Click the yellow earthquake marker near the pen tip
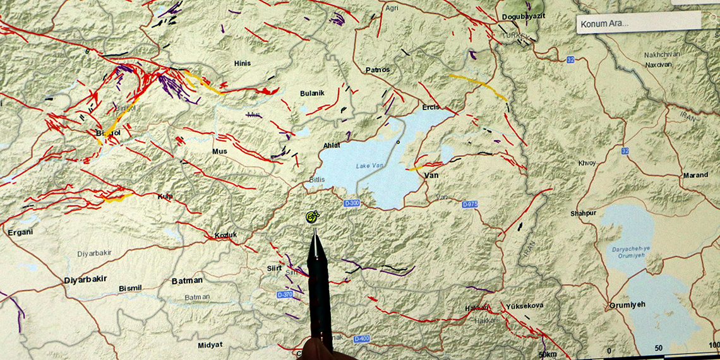(x=312, y=218)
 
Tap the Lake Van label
(x=370, y=166)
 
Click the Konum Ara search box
(x=638, y=23)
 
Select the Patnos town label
(x=378, y=69)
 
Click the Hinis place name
(x=243, y=64)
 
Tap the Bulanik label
(x=312, y=93)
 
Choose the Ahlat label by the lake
(x=332, y=145)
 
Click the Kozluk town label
(x=225, y=236)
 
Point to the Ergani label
(x=20, y=232)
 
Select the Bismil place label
(x=131, y=289)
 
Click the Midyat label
(x=210, y=344)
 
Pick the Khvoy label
(x=587, y=163)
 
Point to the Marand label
(x=695, y=175)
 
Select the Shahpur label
(x=583, y=213)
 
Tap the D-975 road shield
(x=470, y=205)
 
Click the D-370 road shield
(x=285, y=295)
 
